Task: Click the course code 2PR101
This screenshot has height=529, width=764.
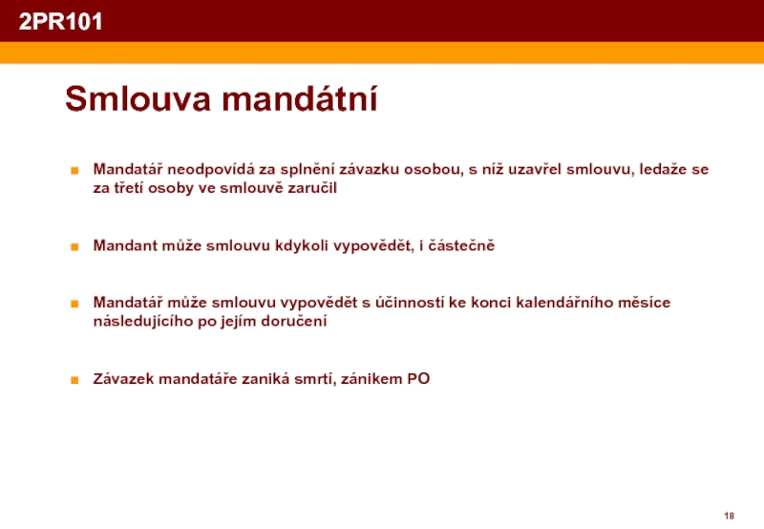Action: pyautogui.click(x=60, y=21)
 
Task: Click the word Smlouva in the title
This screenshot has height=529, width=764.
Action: pyautogui.click(x=138, y=99)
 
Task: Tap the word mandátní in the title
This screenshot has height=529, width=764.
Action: pyautogui.click(x=300, y=99)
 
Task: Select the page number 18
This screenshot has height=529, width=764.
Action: pyautogui.click(x=729, y=516)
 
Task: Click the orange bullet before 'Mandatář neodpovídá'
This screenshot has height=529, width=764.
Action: pyautogui.click(x=74, y=171)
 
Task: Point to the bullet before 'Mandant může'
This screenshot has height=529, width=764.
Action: pyautogui.click(x=74, y=246)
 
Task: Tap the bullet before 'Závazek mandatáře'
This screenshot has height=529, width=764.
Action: pyautogui.click(x=74, y=380)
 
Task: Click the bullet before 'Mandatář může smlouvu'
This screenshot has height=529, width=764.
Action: pyautogui.click(x=74, y=304)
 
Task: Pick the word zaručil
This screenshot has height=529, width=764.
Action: pyautogui.click(x=312, y=188)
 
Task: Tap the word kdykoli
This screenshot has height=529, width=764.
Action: pyautogui.click(x=302, y=245)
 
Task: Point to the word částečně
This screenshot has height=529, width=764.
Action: pyautogui.click(x=461, y=245)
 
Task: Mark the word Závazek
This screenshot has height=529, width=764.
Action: pyautogui.click(x=124, y=378)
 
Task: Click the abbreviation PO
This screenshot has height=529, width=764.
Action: pyautogui.click(x=418, y=379)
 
